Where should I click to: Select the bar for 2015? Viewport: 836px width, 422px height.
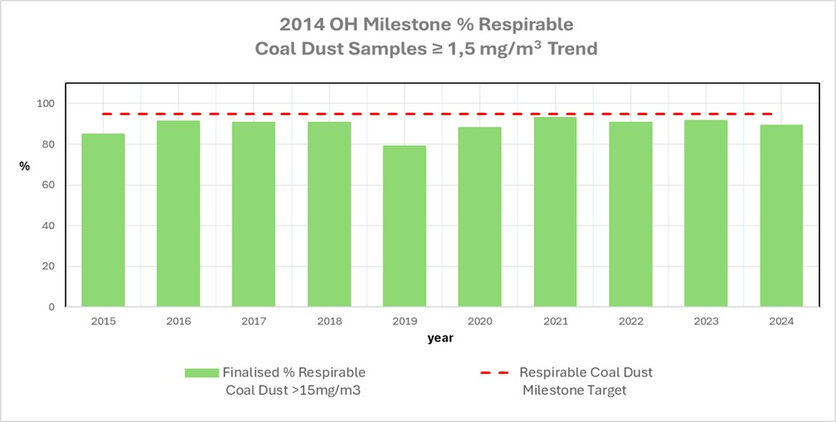(103, 221)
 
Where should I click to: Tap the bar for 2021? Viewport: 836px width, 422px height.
(555, 212)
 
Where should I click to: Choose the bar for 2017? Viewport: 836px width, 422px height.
(254, 215)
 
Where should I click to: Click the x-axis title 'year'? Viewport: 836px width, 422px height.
(440, 338)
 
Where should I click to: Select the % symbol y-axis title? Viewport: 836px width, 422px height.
(25, 166)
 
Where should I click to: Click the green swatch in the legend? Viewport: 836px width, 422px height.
(202, 373)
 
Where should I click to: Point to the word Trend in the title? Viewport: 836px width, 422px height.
(570, 49)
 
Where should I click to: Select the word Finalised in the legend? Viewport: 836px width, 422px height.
(254, 372)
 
